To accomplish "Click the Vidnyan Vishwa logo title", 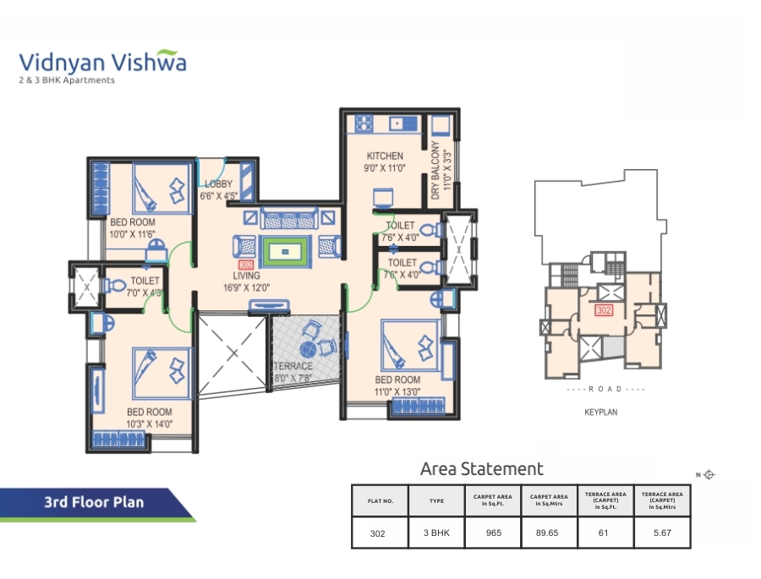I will click(x=102, y=62).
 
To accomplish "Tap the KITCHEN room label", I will click(x=384, y=156).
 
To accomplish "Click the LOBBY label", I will click(x=218, y=183).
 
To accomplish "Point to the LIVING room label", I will click(x=247, y=276).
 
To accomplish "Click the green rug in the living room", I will click(x=284, y=251).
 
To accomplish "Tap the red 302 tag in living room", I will click(x=246, y=265).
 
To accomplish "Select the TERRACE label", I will click(x=293, y=366).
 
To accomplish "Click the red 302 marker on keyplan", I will click(x=604, y=310).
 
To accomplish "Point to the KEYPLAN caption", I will click(x=602, y=413).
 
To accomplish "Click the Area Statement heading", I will click(x=481, y=468).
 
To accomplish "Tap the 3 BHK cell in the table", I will click(x=436, y=533).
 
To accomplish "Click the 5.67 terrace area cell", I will click(x=661, y=533).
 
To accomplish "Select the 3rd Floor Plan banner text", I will click(x=94, y=502).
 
